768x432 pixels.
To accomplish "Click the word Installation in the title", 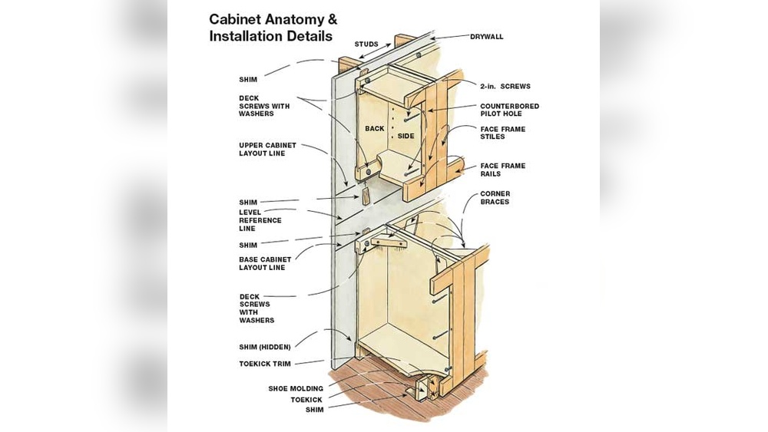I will pyautogui.click(x=247, y=36).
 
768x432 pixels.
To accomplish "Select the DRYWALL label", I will pyautogui.click(x=487, y=36).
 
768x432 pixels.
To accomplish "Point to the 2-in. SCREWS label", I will pyautogui.click(x=505, y=87).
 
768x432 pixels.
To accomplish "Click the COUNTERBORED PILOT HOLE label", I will pyautogui.click(x=509, y=110).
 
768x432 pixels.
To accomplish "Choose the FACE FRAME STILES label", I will pyautogui.click(x=503, y=133).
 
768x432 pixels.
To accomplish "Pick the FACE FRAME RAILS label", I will pyautogui.click(x=503, y=170).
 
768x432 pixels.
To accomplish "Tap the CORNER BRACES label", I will pyautogui.click(x=495, y=198).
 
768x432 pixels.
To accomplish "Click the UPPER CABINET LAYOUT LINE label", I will pyautogui.click(x=266, y=150).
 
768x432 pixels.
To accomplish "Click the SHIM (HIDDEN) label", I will pyautogui.click(x=264, y=347).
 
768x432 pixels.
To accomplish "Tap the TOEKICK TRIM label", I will pyautogui.click(x=265, y=363).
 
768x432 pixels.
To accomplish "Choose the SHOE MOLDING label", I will pyautogui.click(x=296, y=389).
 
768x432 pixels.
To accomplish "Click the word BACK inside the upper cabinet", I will pyautogui.click(x=374, y=129).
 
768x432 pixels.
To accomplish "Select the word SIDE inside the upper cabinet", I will pyautogui.click(x=406, y=136).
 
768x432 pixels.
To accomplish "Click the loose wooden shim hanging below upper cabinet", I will pyautogui.click(x=368, y=196).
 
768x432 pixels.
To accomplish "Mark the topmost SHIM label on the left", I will pyautogui.click(x=248, y=79).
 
